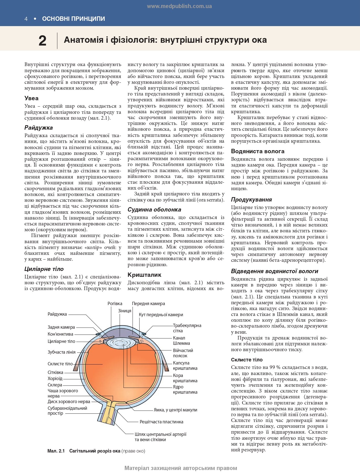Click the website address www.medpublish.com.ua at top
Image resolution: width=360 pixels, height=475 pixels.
pos(179,6)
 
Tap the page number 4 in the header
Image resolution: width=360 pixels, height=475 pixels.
pos(26,19)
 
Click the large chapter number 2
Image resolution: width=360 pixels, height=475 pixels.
pos(42,41)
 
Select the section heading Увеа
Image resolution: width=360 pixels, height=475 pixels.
pos(31,98)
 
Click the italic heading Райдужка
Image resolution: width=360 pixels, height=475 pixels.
pos(39,128)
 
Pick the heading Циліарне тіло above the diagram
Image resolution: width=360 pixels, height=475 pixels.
pos(44,269)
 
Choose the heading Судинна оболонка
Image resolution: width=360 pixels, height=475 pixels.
pos(154,210)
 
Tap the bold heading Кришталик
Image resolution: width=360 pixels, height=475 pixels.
pos(144,275)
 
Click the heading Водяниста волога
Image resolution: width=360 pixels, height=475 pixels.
pos(258,151)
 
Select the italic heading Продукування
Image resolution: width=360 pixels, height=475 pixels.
pos(251,200)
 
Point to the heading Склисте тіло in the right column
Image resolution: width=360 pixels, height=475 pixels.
pos(247,360)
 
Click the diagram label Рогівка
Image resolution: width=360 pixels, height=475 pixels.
pos(115,304)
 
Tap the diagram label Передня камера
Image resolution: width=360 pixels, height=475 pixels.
pos(148,304)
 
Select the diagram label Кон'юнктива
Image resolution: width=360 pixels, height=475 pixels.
pos(60,334)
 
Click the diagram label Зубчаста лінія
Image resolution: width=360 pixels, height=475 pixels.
pos(62,352)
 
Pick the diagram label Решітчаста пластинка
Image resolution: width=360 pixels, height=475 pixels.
pos(161,422)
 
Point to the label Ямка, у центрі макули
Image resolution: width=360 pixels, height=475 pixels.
pos(176,410)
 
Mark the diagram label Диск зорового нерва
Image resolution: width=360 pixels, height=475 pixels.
pos(69,401)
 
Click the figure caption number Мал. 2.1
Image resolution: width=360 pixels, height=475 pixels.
pos(56,451)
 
